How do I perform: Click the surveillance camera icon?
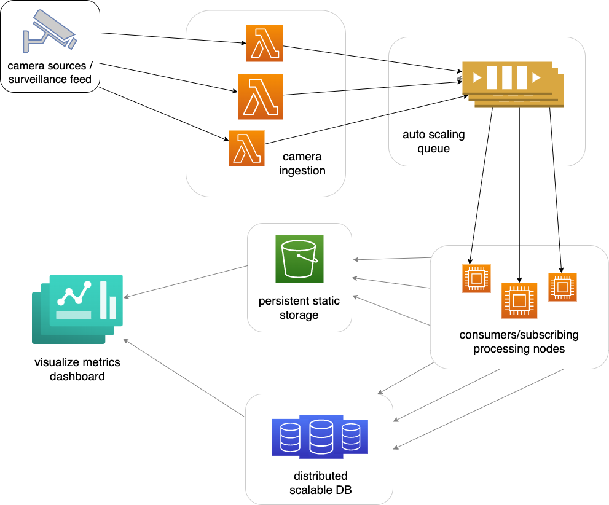[x=50, y=30]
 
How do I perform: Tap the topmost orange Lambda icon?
[x=265, y=43]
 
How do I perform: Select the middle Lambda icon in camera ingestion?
[x=261, y=96]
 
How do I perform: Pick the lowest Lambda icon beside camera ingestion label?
[x=246, y=148]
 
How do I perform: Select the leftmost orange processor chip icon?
[x=476, y=279]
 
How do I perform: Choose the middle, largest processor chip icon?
[x=519, y=300]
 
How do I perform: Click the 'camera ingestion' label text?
[x=302, y=164]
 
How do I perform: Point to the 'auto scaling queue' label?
[x=434, y=141]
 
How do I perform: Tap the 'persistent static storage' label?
[x=299, y=308]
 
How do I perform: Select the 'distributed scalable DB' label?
[x=320, y=483]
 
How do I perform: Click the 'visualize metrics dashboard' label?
[x=77, y=369]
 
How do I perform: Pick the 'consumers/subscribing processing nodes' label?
[x=519, y=342]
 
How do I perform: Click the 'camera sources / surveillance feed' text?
[x=50, y=72]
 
